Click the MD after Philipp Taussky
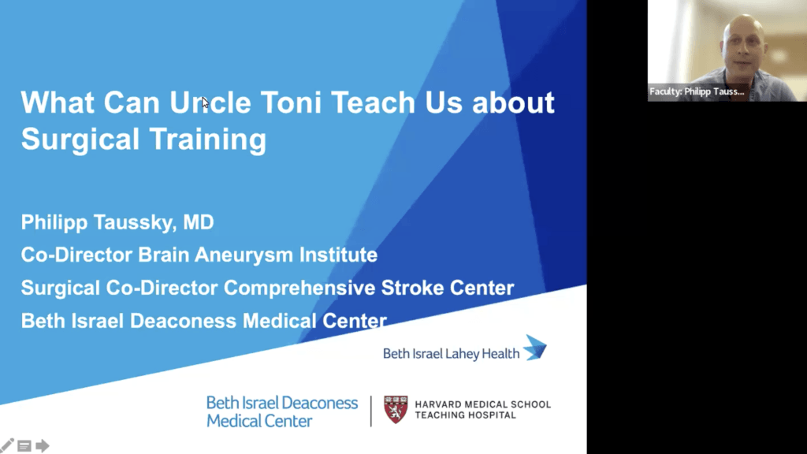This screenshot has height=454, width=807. coord(198,223)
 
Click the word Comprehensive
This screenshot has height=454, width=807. coord(299,288)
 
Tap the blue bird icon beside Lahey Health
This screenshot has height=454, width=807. coord(535,347)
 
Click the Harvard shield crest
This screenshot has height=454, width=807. coord(396,409)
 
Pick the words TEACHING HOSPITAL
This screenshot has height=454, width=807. coord(466,415)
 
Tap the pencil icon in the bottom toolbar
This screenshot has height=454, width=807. coord(7,445)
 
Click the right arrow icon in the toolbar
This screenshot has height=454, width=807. coord(43,446)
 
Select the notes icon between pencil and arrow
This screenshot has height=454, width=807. coord(24,446)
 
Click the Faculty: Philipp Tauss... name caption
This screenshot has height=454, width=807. coord(697,91)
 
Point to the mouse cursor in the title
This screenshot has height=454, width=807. coord(205,102)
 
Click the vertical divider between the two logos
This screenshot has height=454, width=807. coord(371,411)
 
